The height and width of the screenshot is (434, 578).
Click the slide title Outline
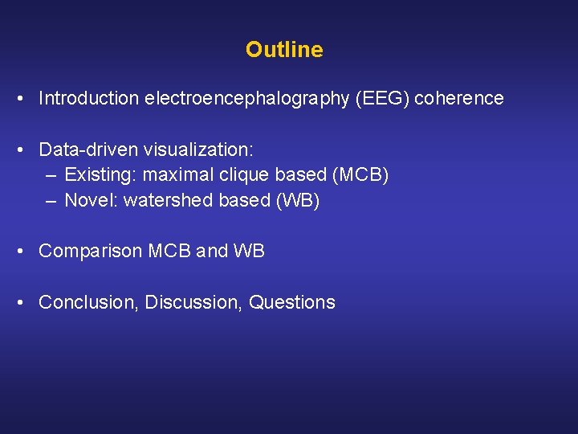click(284, 50)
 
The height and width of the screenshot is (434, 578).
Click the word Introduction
click(89, 99)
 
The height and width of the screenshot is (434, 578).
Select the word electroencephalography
click(246, 99)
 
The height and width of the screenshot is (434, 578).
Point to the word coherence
click(461, 99)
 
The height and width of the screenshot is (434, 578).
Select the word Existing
click(96, 175)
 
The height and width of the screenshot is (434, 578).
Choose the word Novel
click(88, 201)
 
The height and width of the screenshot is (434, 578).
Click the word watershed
click(165, 201)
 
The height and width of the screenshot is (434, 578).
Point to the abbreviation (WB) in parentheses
click(298, 201)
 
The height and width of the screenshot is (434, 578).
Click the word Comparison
click(91, 252)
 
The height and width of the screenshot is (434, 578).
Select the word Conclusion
click(89, 303)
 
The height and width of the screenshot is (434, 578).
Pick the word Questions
click(292, 303)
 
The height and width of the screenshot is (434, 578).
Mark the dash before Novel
click(51, 201)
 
